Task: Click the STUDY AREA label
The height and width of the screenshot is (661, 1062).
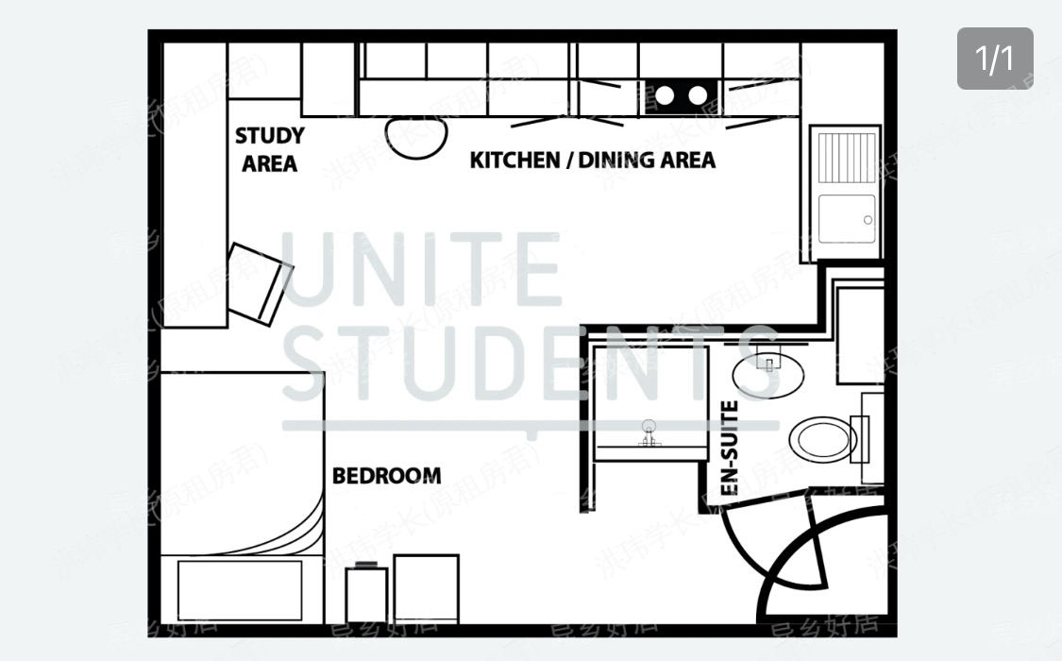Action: [x=269, y=150]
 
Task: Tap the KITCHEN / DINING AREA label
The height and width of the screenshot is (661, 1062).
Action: [x=592, y=160]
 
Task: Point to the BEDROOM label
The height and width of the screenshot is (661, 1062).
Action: [x=386, y=475]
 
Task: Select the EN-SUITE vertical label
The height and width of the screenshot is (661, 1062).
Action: [x=729, y=449]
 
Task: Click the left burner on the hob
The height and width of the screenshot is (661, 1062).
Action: [x=666, y=94]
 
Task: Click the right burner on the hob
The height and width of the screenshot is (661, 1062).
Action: [x=697, y=94]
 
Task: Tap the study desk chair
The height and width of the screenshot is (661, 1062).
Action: [x=260, y=281]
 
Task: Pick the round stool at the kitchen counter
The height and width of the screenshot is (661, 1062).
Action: [x=415, y=137]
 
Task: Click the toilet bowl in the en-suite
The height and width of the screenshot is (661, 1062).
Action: [x=822, y=439]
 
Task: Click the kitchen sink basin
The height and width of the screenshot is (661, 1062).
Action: [x=846, y=219]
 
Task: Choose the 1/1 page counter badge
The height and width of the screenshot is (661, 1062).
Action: [x=995, y=59]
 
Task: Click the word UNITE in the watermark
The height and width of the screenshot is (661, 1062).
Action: [x=422, y=268]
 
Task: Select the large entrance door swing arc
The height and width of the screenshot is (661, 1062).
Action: [x=821, y=567]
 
